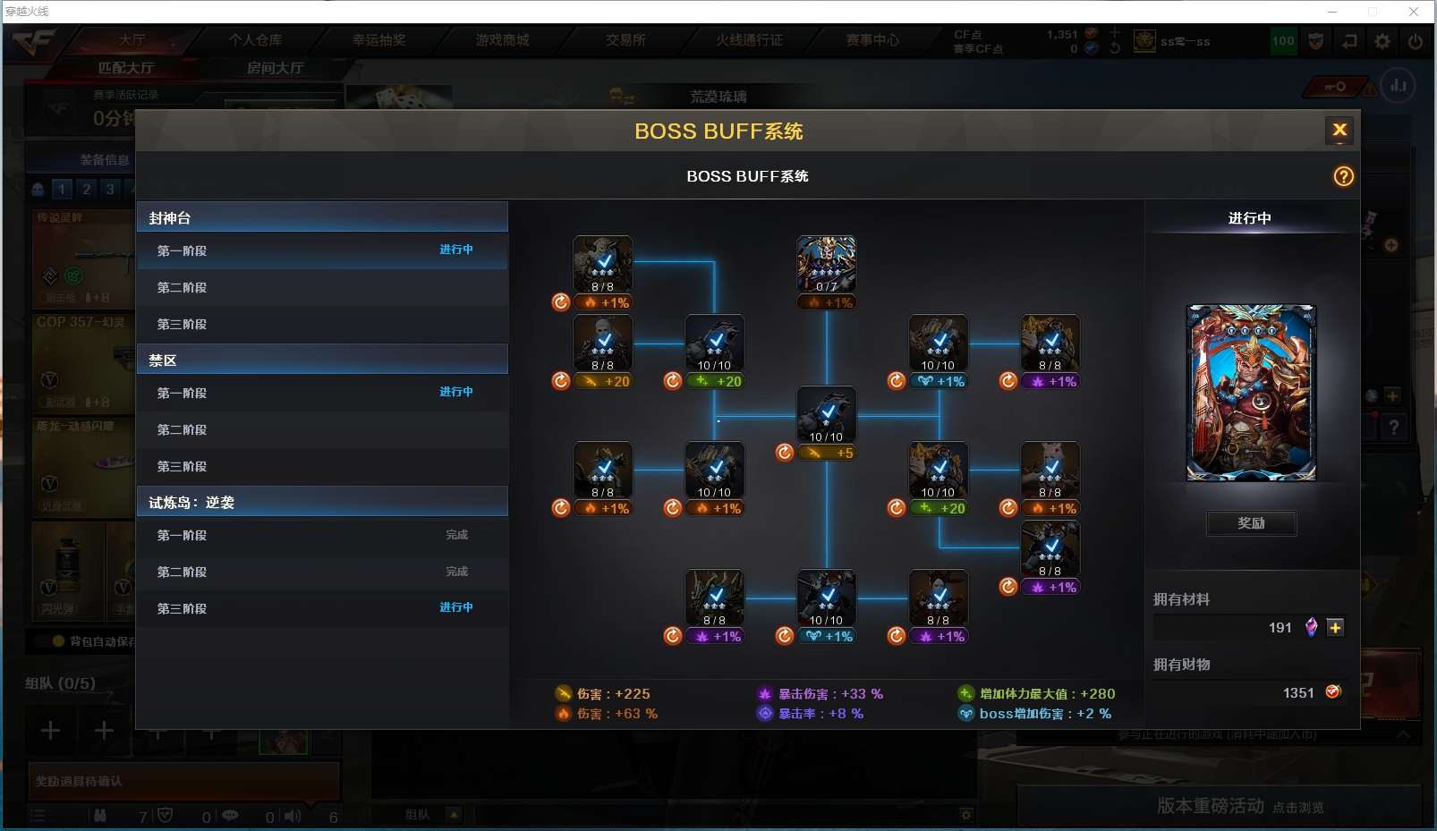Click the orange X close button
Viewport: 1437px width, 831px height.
[x=1339, y=131]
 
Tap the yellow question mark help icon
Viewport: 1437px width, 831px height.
[x=1343, y=176]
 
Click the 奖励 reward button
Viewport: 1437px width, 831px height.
[x=1251, y=523]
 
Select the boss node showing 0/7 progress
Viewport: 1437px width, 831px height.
[x=826, y=265]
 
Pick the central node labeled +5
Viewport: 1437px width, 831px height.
[x=826, y=416]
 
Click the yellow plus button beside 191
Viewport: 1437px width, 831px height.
[x=1335, y=628]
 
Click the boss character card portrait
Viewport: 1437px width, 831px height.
[x=1251, y=393]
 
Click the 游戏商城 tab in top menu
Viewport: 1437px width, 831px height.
[x=502, y=40]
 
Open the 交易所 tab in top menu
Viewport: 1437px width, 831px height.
[x=625, y=40]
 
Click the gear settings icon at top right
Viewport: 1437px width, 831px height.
[x=1382, y=41]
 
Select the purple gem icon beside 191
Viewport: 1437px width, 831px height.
[x=1311, y=628]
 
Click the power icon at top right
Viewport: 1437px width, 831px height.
[x=1415, y=41]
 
